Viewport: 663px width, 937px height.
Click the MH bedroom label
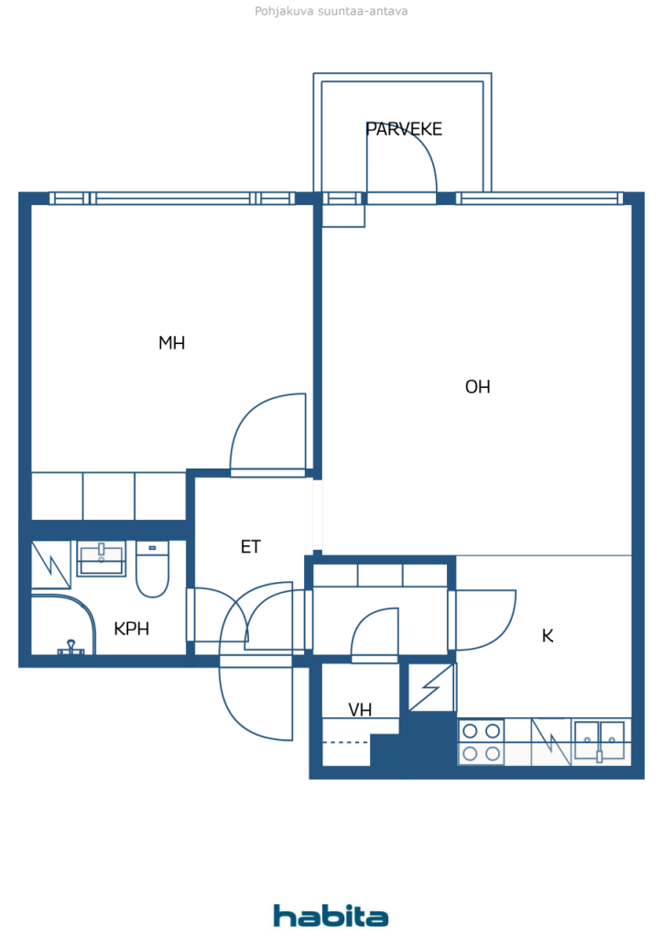[171, 343]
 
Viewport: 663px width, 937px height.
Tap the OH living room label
[478, 387]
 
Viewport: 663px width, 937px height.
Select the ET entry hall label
[251, 547]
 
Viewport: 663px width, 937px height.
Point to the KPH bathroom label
[132, 629]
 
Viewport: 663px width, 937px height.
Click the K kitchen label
[548, 636]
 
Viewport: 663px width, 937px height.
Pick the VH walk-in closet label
[360, 710]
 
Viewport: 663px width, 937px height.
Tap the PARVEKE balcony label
[404, 129]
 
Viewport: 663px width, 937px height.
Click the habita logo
[331, 915]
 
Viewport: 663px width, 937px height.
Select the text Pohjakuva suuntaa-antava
[331, 11]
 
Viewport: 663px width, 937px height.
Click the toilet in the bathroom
[152, 567]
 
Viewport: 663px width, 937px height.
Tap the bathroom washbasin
[102, 558]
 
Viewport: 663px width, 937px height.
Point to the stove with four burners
[482, 742]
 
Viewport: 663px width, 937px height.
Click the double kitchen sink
[599, 741]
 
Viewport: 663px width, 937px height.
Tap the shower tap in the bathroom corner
[71, 648]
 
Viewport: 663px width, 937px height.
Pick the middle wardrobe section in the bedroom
[109, 496]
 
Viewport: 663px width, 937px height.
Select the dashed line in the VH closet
[345, 742]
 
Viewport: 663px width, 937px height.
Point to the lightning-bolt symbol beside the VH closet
[431, 687]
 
